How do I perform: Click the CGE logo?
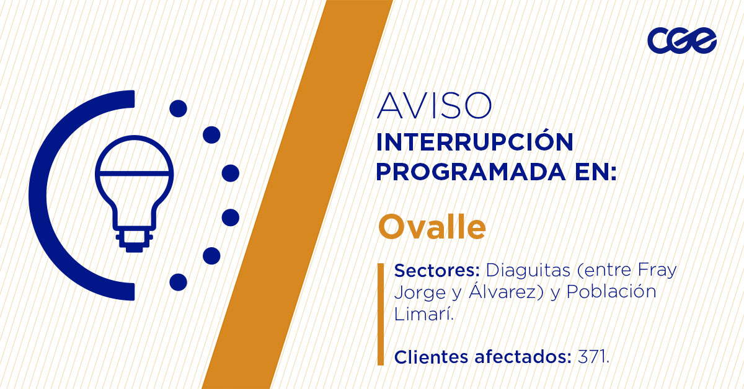pos(681,41)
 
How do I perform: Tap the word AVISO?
pos(434,106)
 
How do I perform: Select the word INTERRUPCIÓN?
pos(474,142)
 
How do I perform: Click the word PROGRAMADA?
pos(468,172)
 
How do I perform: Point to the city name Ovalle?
pos(432,227)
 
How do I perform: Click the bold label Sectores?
pos(438,271)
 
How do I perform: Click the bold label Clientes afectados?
pos(482,357)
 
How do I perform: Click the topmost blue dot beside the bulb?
pos(178,108)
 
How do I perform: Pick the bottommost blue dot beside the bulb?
pos(178,282)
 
